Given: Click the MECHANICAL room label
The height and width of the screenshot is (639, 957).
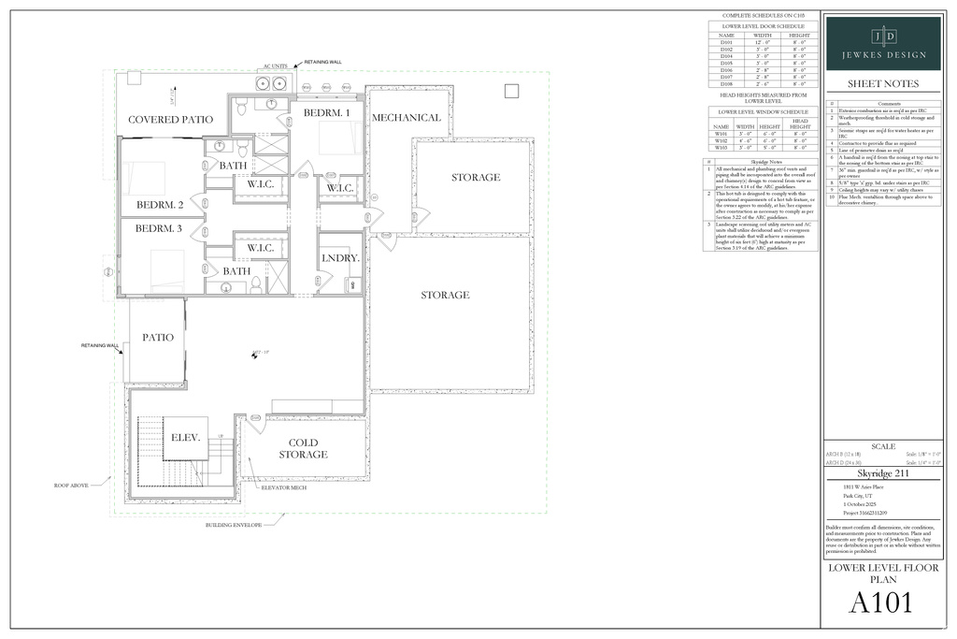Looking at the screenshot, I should coord(407,118).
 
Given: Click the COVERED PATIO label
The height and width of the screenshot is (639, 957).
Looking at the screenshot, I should coord(170,120).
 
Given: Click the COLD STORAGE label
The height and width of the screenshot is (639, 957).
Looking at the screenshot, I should coord(303,448).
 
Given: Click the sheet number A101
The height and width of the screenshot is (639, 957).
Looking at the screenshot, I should coord(880,603).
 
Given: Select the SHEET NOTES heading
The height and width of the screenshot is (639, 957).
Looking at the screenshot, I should coord(883,84).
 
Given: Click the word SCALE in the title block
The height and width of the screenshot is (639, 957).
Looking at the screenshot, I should coord(883,446).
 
